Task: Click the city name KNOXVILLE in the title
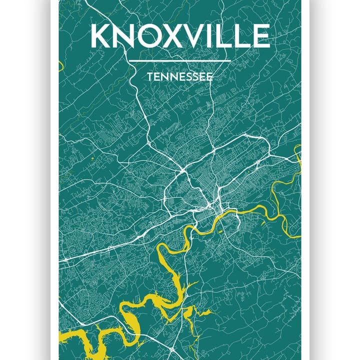click(180, 36)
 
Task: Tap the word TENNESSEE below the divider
click(180, 77)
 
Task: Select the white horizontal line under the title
click(180, 61)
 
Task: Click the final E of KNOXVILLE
click(261, 36)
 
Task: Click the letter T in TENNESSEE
click(150, 77)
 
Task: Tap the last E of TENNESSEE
click(209, 77)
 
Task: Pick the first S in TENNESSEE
click(187, 77)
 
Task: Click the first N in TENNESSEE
click(164, 77)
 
